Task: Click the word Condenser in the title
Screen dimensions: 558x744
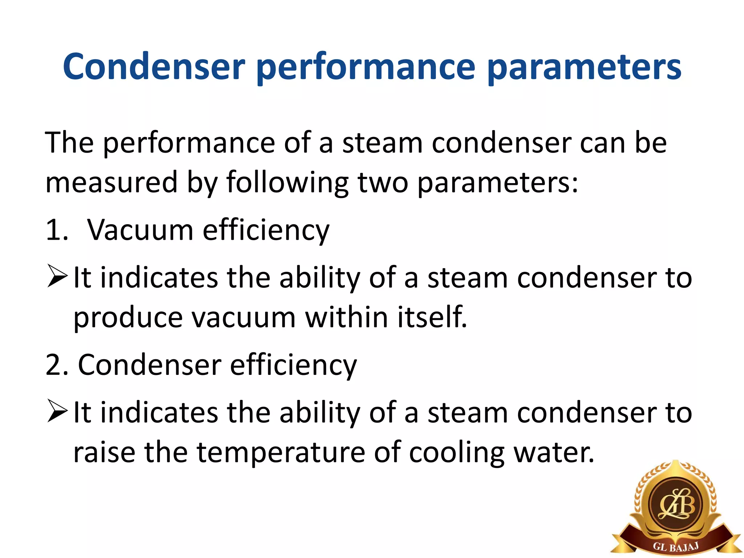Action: click(154, 67)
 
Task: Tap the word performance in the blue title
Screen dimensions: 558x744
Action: click(365, 68)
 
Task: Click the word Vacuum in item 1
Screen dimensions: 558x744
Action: click(141, 230)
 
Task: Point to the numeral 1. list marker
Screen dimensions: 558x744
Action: click(57, 230)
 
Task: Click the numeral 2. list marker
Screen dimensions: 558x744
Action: click(57, 365)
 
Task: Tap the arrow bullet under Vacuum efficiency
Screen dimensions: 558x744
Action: click(57, 277)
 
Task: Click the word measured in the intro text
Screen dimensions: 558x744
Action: click(112, 182)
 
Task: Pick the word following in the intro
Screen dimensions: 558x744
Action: click(287, 182)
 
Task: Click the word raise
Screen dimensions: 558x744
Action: click(104, 453)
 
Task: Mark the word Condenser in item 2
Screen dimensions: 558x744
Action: click(149, 365)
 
